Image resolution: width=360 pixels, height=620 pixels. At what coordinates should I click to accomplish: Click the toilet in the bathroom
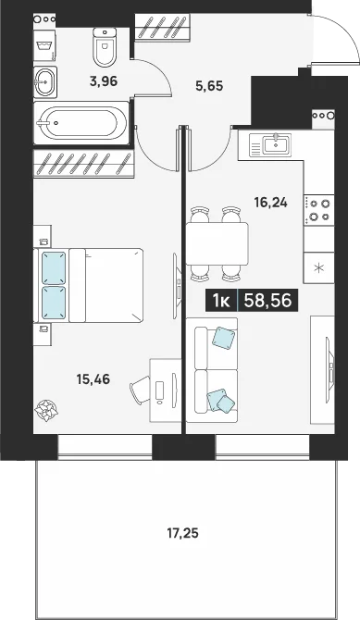pos(106,46)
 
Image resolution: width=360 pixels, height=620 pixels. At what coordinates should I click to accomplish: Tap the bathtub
pos(81,122)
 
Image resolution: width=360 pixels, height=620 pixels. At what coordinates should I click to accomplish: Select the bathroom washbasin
pos(45,81)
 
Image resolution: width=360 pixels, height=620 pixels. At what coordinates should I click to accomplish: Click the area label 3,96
pos(104,81)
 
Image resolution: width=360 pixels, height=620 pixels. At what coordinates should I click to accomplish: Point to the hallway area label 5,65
pos(210,85)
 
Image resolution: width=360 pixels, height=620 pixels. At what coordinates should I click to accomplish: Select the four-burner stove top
pos(319,209)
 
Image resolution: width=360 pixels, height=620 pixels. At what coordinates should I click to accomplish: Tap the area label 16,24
pos(270,203)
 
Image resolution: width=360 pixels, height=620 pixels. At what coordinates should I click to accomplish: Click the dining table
pos(217,243)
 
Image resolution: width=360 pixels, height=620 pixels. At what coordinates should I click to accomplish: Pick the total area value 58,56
pos(267,301)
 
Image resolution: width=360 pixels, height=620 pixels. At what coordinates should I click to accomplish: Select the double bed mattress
pos(106,285)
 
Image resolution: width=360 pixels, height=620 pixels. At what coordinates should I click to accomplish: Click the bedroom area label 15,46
pos(93,379)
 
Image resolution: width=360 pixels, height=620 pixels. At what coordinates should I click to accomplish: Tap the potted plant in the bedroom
pos(46,410)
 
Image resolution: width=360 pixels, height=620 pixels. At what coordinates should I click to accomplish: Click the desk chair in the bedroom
pos(140,390)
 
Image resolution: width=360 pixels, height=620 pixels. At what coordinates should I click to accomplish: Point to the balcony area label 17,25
pos(182,534)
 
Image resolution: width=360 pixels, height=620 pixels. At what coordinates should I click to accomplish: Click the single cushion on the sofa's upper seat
pos(224,338)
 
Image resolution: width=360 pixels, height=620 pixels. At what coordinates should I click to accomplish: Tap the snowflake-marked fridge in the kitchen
pos(319,267)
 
